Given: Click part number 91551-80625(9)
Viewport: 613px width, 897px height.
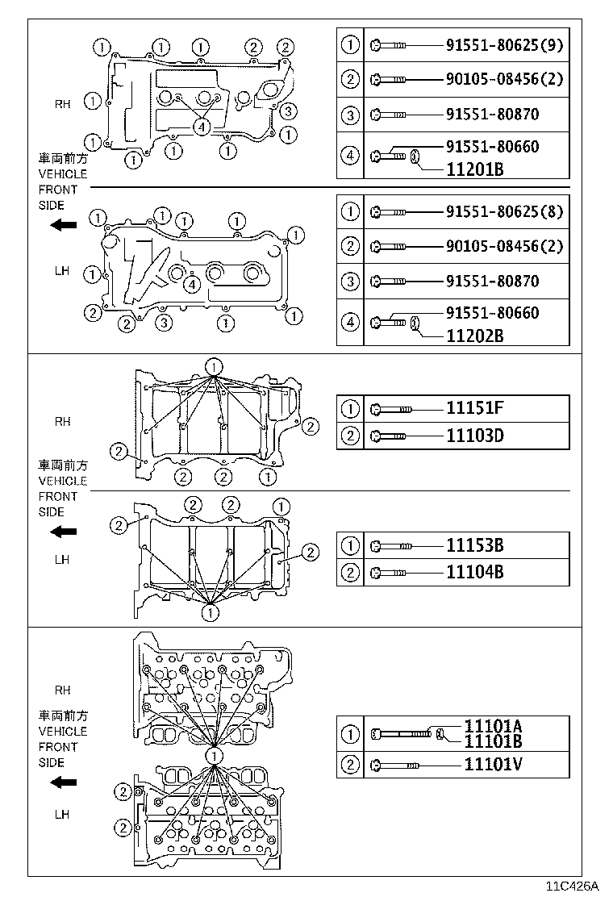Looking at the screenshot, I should [x=504, y=45].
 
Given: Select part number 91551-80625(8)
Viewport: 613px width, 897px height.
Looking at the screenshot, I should [x=504, y=213].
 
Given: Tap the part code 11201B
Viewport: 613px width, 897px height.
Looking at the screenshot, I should [x=474, y=171].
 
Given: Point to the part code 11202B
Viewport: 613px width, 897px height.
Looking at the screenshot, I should [x=474, y=336].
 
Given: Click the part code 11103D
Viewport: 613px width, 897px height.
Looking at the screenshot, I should [x=474, y=436].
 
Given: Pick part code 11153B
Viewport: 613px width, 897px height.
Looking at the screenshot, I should [x=474, y=545].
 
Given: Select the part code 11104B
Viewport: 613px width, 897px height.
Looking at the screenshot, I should [x=474, y=573].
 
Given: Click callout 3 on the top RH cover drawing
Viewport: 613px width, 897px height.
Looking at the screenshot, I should [x=290, y=111].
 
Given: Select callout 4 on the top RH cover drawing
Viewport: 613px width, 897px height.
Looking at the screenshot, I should [x=201, y=126].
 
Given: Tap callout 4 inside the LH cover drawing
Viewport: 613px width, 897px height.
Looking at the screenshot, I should [x=191, y=284].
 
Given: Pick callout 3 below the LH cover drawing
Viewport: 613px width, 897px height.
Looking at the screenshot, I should [x=164, y=323].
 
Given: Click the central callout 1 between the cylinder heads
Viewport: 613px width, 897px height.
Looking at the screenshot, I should [x=213, y=755].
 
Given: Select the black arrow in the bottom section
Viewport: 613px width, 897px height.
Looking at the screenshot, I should [x=63, y=782].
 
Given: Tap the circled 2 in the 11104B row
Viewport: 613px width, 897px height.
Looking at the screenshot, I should [x=350, y=573].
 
